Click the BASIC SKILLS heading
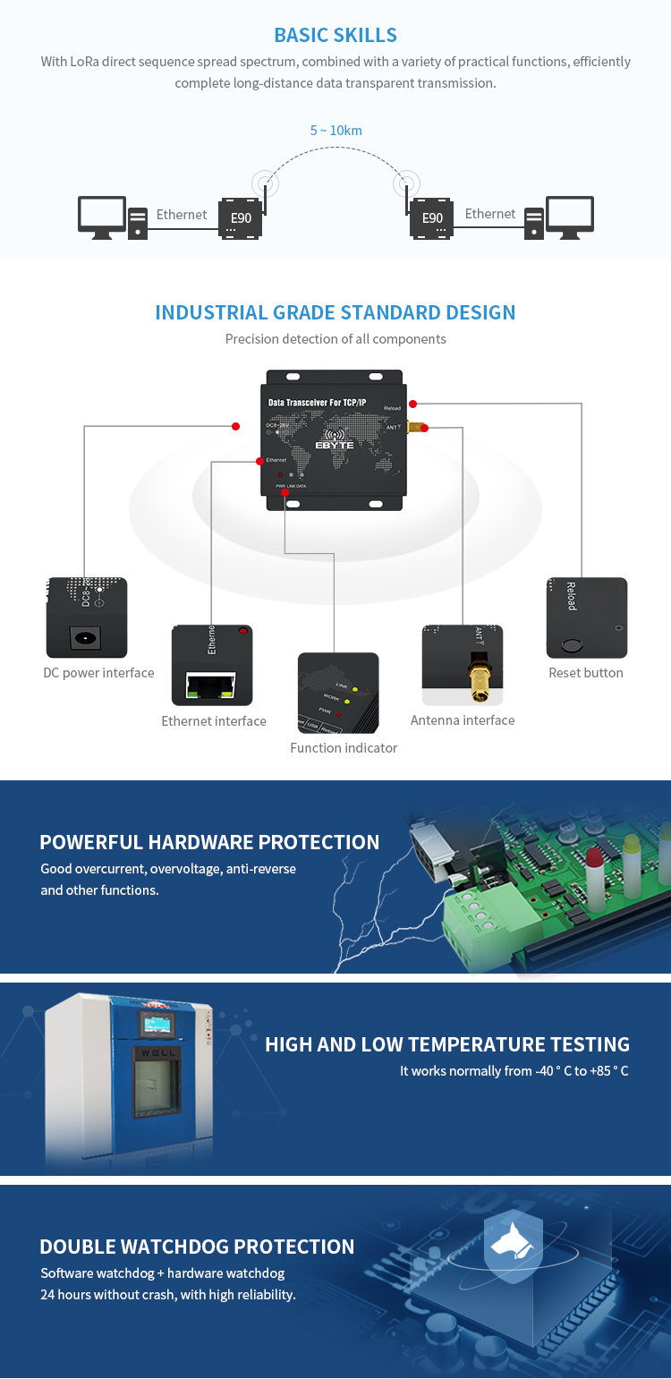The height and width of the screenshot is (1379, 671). pyautogui.click(x=335, y=36)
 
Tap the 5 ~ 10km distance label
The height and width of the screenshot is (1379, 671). pyautogui.click(x=335, y=131)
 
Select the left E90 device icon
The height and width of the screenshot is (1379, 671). pyautogui.click(x=241, y=218)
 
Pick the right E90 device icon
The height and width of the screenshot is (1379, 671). pyautogui.click(x=432, y=218)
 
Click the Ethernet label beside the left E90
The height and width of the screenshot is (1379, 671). pyautogui.click(x=182, y=215)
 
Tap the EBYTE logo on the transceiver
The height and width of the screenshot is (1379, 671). pyautogui.click(x=335, y=444)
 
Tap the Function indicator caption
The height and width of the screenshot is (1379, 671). pyautogui.click(x=344, y=748)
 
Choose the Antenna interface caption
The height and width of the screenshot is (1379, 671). pyautogui.click(x=463, y=720)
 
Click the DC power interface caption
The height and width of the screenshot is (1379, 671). pyautogui.click(x=98, y=673)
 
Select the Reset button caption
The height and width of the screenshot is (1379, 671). pyautogui.click(x=586, y=673)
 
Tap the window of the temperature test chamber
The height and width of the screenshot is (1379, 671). pyautogui.click(x=156, y=1079)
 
